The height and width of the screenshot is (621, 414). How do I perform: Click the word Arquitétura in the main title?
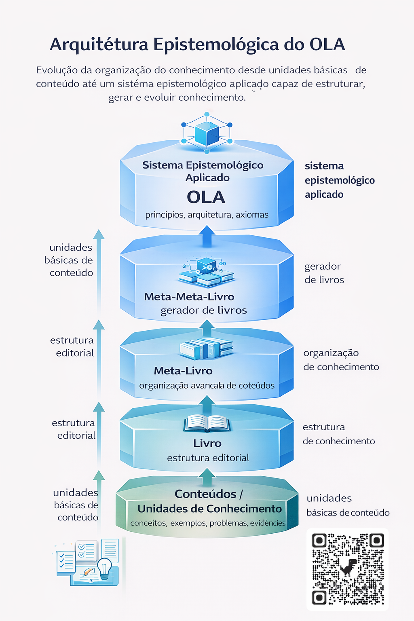point(99,44)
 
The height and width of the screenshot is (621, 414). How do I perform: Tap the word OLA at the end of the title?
point(327,44)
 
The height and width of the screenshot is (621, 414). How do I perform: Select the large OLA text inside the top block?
point(206,197)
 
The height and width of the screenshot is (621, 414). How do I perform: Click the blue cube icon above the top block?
point(207,134)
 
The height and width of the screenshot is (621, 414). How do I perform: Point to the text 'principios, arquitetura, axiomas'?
point(207,215)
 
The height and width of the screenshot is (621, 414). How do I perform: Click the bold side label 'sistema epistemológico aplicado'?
point(339,180)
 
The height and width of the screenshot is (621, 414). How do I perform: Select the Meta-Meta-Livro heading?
point(189,297)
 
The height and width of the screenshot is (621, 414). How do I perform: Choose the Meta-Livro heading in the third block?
point(183,371)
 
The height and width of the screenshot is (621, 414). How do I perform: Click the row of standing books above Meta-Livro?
point(206,349)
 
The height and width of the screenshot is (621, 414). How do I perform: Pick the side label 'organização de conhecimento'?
point(341,360)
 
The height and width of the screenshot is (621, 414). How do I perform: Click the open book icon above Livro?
point(207,424)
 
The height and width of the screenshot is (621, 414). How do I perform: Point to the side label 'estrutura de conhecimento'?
point(338,434)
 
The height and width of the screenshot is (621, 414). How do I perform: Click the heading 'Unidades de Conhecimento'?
point(209,509)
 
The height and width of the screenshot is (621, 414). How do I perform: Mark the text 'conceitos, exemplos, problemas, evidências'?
point(208,523)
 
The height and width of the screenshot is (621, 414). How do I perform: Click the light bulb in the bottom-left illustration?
point(105,567)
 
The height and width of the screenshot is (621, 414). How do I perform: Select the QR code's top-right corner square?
point(376,540)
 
